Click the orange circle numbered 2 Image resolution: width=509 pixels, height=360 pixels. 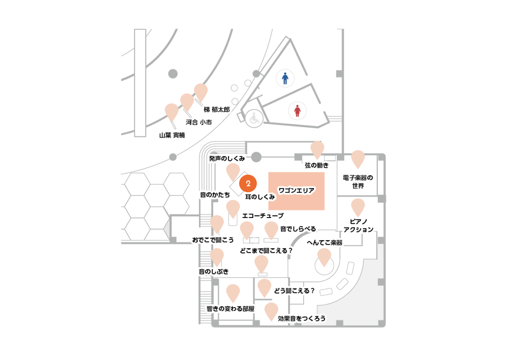click(248, 183)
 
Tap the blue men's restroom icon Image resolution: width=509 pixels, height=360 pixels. click(285, 78)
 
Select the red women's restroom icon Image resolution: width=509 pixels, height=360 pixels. click(297, 111)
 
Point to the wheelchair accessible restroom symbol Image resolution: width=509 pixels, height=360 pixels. click(254, 118)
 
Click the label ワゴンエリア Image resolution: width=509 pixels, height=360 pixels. click(296, 190)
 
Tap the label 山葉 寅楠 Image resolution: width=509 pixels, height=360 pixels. click(172, 135)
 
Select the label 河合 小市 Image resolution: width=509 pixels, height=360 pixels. click(199, 122)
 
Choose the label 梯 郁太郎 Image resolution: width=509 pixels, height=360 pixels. click(217, 110)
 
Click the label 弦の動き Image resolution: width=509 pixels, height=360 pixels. click(317, 165)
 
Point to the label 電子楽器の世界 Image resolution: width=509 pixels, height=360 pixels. click(358, 182)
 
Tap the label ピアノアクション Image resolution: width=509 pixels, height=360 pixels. click(358, 226)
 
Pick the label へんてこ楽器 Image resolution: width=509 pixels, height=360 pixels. click(325, 243)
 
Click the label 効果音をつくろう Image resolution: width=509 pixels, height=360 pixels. click(302, 319)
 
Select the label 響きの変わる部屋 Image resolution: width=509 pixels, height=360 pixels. click(230, 309)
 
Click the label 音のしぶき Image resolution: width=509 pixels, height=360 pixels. click(213, 272)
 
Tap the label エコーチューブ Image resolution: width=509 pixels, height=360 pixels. click(263, 216)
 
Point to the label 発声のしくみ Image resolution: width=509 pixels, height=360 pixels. click(227, 159)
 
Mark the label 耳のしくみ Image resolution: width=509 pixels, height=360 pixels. click(260, 197)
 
